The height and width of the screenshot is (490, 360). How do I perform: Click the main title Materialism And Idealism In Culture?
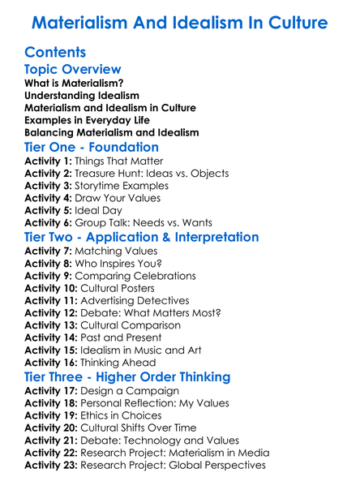pos(179,21)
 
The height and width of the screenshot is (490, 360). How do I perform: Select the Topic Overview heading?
pos(73,71)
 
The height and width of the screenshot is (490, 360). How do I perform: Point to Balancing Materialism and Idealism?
pos(112,132)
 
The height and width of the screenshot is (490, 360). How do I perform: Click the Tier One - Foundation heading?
pos(92,148)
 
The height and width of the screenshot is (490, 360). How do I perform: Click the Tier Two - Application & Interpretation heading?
pos(142,238)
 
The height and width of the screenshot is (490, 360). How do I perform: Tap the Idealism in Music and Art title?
pos(151,350)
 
